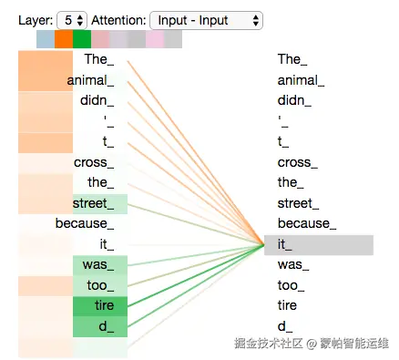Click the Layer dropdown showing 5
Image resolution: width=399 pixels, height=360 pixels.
tap(72, 20)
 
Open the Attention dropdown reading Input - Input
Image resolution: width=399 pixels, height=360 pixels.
tap(206, 20)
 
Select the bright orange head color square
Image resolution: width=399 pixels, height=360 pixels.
tap(64, 39)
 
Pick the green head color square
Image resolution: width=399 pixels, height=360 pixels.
tap(82, 39)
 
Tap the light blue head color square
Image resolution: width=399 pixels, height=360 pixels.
tap(46, 39)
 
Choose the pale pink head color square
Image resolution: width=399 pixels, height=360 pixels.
tap(155, 39)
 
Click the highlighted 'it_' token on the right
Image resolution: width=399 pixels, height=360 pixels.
tap(319, 245)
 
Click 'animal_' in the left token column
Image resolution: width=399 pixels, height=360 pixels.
tap(90, 80)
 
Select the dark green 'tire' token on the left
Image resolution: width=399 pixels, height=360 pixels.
tap(100, 306)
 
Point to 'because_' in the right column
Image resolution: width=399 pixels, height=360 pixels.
tap(307, 223)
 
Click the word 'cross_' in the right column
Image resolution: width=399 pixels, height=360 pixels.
tap(298, 162)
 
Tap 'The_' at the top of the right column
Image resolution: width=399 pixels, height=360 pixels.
tap(292, 59)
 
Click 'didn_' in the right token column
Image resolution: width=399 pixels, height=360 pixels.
tap(294, 100)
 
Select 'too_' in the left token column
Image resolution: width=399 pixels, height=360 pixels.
tap(100, 285)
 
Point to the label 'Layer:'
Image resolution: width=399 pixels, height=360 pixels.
tap(36, 21)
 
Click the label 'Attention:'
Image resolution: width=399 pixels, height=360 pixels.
tap(118, 21)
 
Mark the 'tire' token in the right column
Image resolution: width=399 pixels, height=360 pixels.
tap(287, 305)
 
